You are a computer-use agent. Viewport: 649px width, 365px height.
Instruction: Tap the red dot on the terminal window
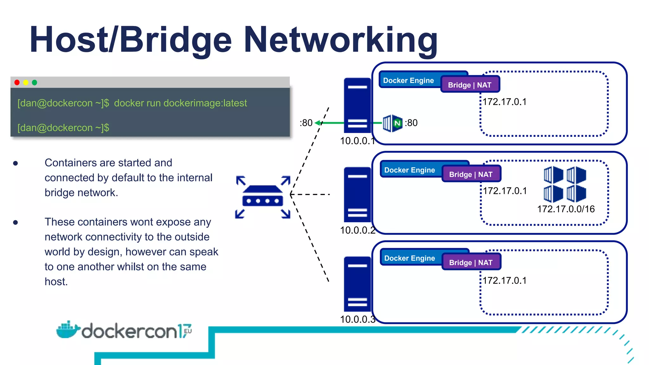point(17,82)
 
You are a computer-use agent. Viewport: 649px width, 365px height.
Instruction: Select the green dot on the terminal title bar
point(35,82)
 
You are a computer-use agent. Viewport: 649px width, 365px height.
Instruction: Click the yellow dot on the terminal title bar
point(26,82)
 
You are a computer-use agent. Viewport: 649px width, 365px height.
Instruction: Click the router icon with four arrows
point(263,197)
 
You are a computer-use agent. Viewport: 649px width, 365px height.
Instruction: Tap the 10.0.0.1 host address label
point(357,141)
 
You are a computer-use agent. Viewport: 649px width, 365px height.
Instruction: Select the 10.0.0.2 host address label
point(357,230)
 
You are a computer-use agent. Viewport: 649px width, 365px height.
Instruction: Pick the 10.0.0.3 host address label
point(357,319)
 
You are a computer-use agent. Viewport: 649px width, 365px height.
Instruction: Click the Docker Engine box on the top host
point(409,80)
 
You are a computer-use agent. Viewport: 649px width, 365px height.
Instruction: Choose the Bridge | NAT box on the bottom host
point(471,262)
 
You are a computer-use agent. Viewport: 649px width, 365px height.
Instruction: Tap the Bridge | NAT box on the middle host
point(471,174)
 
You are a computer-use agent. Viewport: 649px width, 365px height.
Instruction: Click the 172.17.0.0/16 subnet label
point(566,209)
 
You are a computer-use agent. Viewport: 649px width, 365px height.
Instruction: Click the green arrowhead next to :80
point(317,123)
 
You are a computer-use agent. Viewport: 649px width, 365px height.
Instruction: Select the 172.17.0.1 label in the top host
point(504,102)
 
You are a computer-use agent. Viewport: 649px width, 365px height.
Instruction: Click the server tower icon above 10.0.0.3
point(357,284)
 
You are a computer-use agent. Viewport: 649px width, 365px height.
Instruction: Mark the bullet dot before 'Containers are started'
point(16,163)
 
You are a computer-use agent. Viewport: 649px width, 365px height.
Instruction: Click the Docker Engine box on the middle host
point(410,170)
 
